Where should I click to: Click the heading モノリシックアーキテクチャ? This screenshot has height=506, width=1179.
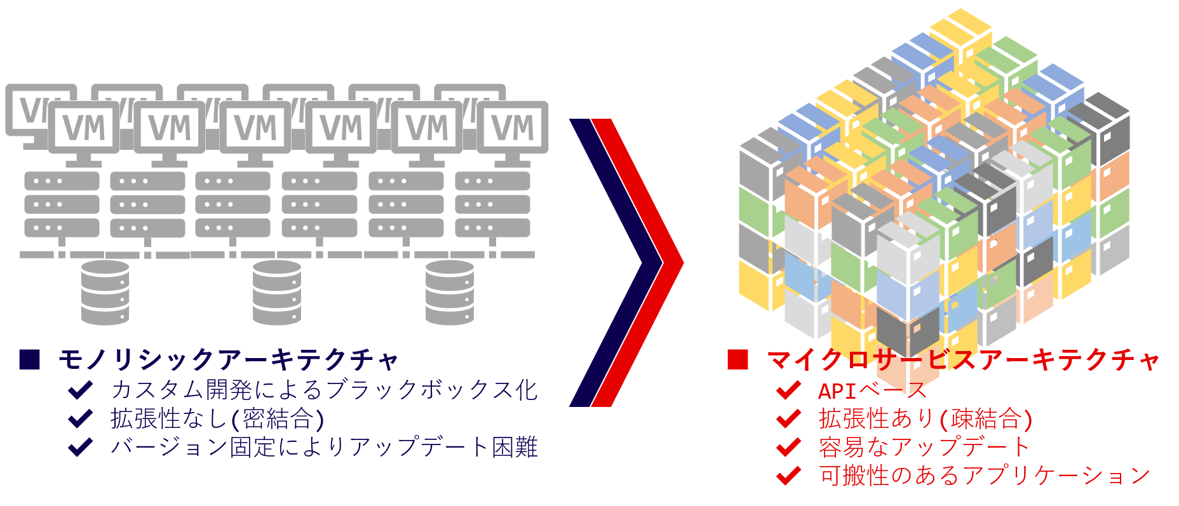pos(227,360)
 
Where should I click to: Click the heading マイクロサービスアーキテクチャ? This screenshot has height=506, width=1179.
pos(963,360)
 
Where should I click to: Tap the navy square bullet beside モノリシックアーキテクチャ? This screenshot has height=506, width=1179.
pos(30,359)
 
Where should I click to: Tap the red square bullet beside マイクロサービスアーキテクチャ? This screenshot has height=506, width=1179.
pos(738,359)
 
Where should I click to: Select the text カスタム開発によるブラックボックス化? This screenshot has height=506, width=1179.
pos(324,390)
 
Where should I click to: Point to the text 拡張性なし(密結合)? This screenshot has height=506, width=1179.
pos(218,418)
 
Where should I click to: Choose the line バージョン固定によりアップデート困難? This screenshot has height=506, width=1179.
pos(324,447)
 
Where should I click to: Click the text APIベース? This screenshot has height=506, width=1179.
pos(872,390)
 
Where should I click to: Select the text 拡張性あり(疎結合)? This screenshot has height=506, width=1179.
pos(926,419)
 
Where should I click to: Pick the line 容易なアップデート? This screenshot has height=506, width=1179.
pos(924,448)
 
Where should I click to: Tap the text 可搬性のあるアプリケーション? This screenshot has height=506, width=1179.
pos(985,476)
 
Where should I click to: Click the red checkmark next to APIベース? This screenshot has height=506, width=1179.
pos(788,390)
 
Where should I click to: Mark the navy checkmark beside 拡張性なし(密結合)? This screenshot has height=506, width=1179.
pos(81,418)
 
